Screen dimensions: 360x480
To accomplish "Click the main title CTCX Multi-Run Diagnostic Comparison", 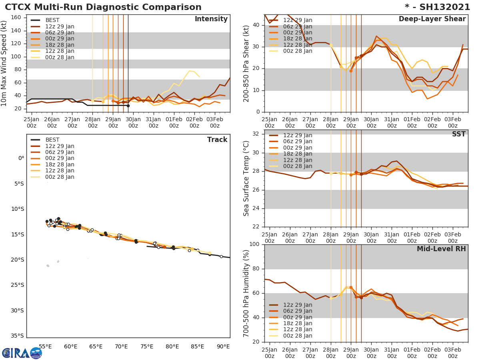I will (103, 7).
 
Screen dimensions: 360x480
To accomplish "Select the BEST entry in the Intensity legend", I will (52, 20).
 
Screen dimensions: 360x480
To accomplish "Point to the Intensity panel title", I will (211, 19).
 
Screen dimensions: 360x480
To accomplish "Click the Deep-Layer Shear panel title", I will (432, 19).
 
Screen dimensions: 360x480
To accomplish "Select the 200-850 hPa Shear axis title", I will (246, 63).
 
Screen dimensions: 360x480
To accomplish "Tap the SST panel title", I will (458, 134).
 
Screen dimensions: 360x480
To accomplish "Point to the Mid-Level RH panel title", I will (441, 249).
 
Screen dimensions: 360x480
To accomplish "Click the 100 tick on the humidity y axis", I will (255, 244).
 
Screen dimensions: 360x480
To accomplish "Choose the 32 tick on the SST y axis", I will (256, 134).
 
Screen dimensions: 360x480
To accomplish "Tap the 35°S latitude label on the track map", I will (18, 336).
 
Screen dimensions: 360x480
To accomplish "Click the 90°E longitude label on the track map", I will (223, 346).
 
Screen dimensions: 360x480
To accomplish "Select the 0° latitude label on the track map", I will (21, 158).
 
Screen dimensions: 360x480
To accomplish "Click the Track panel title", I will (217, 140).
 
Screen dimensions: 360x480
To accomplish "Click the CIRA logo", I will (22, 353).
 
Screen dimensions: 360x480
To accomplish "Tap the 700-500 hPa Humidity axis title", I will (246, 293).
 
